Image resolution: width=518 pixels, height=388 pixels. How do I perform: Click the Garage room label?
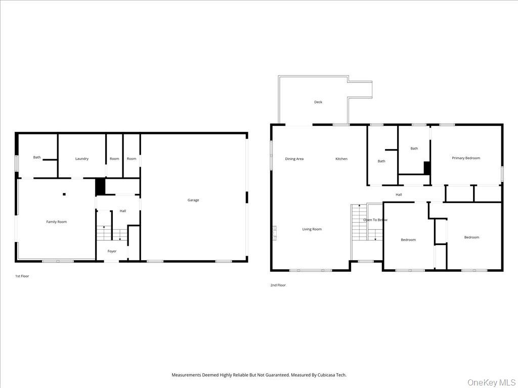(x=193, y=200)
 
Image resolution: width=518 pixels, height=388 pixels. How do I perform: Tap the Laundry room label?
(x=82, y=159)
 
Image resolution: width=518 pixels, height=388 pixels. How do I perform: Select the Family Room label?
(x=57, y=222)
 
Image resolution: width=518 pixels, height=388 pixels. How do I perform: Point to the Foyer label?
(x=112, y=251)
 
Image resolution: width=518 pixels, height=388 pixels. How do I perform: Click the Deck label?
(x=318, y=102)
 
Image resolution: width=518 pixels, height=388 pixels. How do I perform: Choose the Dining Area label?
(x=294, y=159)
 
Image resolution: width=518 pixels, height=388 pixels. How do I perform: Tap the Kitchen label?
(x=341, y=159)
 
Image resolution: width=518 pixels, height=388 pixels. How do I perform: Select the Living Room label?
(x=312, y=229)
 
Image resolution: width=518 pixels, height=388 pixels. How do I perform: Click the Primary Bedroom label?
(x=466, y=158)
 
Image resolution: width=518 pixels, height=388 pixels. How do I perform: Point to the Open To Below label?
(x=375, y=220)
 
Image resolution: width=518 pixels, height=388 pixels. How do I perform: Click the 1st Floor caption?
(x=22, y=276)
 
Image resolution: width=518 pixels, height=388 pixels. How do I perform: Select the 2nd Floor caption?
(x=278, y=285)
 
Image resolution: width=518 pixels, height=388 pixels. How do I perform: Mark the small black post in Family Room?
(x=64, y=195)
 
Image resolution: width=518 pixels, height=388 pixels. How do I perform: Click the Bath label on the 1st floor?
(x=37, y=157)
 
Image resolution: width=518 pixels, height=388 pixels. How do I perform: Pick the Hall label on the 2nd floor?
(x=399, y=195)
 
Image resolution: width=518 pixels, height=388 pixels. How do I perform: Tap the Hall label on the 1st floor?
(x=123, y=211)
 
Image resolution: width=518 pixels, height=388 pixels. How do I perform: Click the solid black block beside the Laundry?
(x=100, y=186)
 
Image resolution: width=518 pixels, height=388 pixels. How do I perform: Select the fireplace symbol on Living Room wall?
(x=275, y=233)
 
